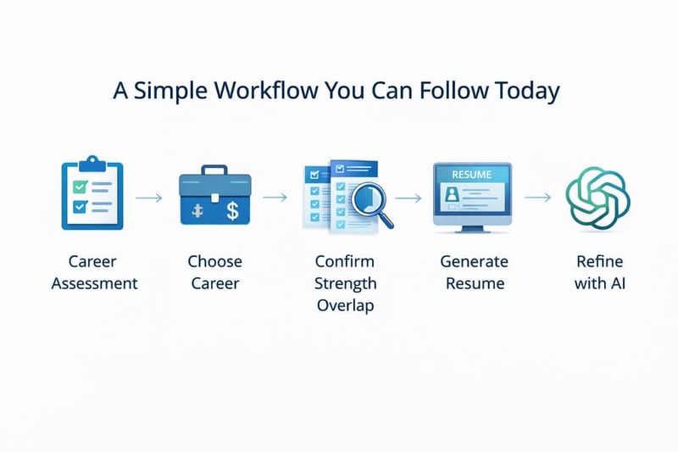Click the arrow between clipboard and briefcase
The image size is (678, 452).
click(149, 198)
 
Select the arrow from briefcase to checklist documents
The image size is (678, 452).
click(275, 198)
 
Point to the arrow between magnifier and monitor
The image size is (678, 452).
click(408, 198)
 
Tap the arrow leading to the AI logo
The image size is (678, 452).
click(537, 198)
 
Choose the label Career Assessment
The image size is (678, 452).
click(94, 271)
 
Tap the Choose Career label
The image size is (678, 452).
click(214, 271)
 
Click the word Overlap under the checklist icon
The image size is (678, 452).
click(345, 305)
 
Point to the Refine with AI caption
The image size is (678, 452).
click(601, 271)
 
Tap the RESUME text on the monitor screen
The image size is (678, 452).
click(471, 174)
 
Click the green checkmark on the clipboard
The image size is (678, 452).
click(80, 184)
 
